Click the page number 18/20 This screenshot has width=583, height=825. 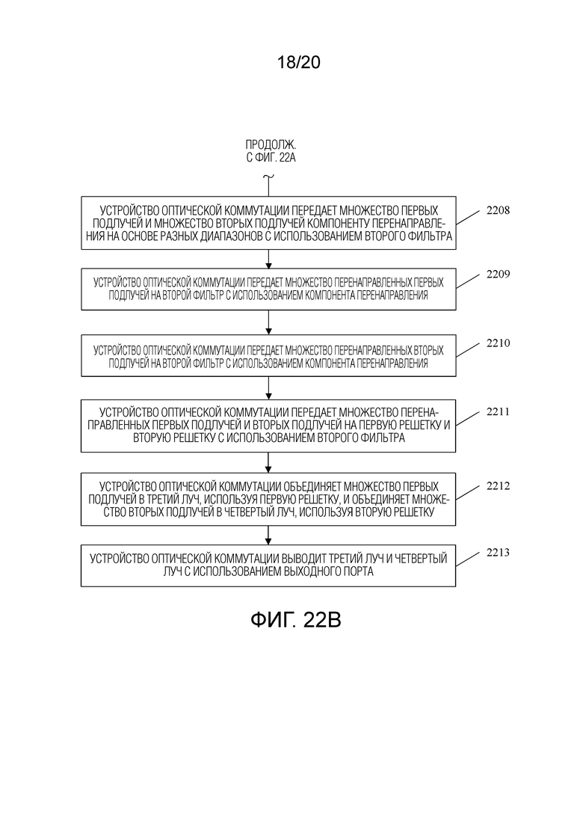pos(298,63)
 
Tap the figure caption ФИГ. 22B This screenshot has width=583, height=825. pos(295,620)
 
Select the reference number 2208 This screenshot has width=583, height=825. pos(498,210)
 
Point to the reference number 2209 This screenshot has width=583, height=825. pos(498,274)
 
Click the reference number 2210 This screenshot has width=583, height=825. pos(498,343)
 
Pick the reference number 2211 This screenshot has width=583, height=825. pos(498,411)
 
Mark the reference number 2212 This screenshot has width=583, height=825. pos(498,485)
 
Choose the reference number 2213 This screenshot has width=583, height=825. pos(498,553)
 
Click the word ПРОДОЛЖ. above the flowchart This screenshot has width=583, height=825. pos(271,144)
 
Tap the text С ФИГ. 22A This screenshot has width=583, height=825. pos(271,157)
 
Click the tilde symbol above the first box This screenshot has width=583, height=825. pos(268,177)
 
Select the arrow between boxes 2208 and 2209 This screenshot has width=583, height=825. pos(268,259)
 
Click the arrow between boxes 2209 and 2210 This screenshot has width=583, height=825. pos(268,322)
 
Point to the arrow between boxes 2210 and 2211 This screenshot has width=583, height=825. pos(268,388)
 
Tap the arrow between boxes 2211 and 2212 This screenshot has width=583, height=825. pos(268,462)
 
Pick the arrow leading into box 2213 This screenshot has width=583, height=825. pos(268,535)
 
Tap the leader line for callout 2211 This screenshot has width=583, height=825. pos(468,419)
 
